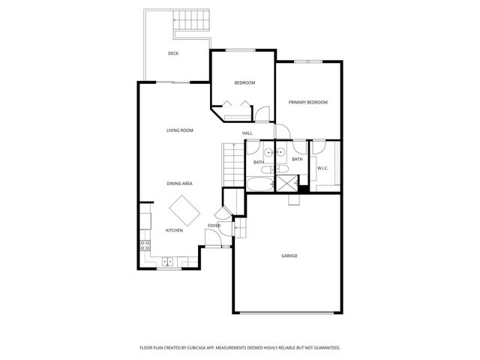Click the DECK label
click(173, 53)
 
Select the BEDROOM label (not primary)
click(244, 82)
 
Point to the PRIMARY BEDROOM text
click(308, 102)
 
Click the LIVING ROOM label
click(180, 130)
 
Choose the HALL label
click(247, 133)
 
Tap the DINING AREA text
click(180, 183)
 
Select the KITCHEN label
click(174, 230)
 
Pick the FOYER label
click(214, 225)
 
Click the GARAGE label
click(289, 256)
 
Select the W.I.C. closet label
click(322, 168)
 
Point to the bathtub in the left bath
click(260, 184)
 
